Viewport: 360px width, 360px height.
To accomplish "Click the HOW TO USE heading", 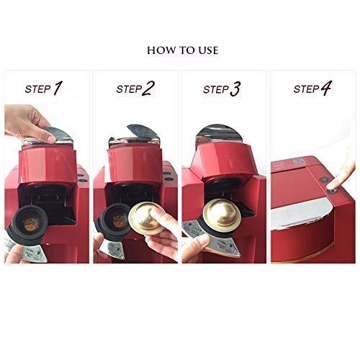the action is [183, 50].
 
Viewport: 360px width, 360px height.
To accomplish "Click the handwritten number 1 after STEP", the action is [58, 88].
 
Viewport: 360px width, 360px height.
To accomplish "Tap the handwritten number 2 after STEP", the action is [148, 89].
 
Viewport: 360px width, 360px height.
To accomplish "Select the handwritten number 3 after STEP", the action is [235, 89].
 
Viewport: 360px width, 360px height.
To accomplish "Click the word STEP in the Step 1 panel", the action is [38, 89].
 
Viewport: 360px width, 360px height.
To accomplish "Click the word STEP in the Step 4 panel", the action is [306, 89].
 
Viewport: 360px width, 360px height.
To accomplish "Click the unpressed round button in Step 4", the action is [325, 179].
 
